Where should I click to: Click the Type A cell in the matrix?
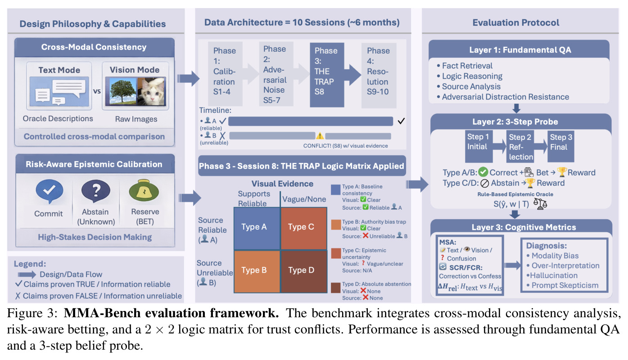257,228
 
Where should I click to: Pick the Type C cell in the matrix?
304,228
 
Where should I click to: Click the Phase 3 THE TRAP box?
327,75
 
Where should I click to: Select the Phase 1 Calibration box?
225,73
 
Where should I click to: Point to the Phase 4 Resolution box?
379,75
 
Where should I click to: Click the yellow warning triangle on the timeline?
320,136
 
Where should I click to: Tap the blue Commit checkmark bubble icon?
50,191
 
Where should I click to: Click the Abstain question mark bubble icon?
95,191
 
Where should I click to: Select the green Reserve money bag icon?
144,190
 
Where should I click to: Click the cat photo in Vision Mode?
151,92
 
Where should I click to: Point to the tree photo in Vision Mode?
122,92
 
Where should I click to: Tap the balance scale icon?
540,204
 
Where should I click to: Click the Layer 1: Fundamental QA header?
520,50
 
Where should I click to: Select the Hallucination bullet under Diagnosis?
552,275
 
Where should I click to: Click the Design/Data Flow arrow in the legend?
27,274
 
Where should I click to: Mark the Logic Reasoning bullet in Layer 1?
470,76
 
